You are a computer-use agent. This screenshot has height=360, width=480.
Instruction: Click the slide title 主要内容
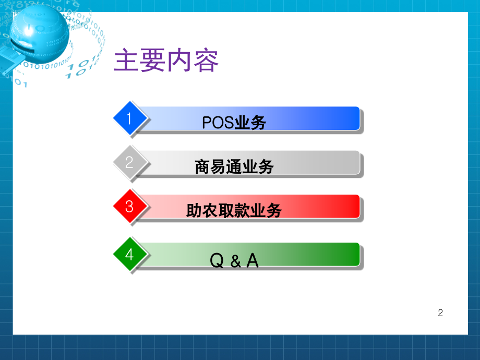pyautogui.click(x=166, y=62)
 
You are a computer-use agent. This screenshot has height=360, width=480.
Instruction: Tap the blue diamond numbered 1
pyautogui.click(x=129, y=118)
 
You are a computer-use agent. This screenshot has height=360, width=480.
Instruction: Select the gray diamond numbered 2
pyautogui.click(x=129, y=162)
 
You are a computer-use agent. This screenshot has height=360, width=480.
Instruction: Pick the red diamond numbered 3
pyautogui.click(x=129, y=207)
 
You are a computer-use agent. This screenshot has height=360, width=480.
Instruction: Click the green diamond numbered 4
pyautogui.click(x=129, y=255)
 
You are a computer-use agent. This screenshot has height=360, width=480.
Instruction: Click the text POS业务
pyautogui.click(x=234, y=123)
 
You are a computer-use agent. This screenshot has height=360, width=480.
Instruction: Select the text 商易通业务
pyautogui.click(x=234, y=167)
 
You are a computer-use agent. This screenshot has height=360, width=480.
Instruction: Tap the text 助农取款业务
pyautogui.click(x=234, y=211)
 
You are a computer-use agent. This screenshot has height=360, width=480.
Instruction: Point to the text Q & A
pyautogui.click(x=234, y=260)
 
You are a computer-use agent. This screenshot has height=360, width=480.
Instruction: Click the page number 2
pyautogui.click(x=440, y=313)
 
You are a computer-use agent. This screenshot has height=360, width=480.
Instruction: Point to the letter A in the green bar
pyautogui.click(x=253, y=260)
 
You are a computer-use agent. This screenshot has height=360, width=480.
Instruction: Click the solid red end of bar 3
pyautogui.click(x=350, y=206)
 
